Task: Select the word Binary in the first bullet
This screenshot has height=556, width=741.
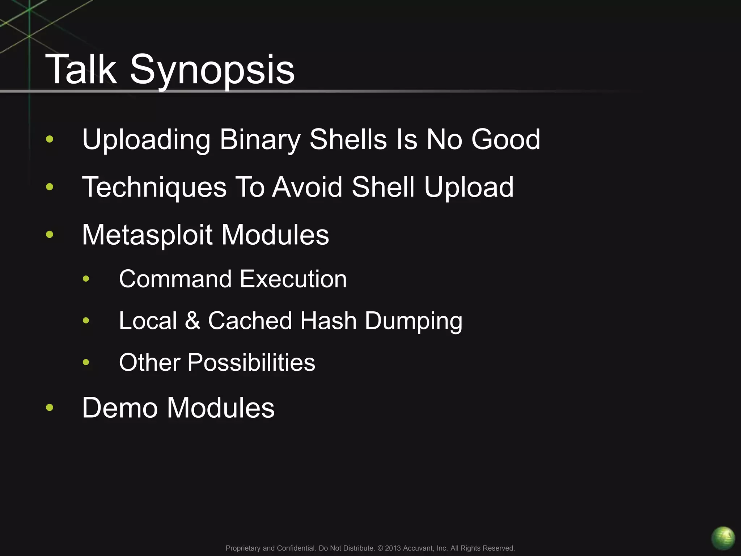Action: (260, 140)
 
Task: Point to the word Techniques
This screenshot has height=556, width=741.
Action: (154, 188)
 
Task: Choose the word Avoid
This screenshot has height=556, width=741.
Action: (307, 187)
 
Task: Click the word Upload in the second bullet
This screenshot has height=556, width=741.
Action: (469, 188)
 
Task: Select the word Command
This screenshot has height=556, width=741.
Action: (175, 279)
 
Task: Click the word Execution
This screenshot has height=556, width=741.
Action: (293, 279)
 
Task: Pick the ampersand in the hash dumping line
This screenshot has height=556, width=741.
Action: (192, 321)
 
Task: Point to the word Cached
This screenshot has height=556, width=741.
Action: (250, 321)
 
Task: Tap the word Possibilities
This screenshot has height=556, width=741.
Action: (251, 363)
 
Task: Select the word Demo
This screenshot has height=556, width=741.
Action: (120, 408)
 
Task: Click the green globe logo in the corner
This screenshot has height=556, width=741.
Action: (723, 538)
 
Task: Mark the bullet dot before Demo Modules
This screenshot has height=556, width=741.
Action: (50, 408)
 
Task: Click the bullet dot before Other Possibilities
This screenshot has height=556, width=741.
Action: (86, 362)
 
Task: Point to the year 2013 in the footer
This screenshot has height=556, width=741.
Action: (393, 548)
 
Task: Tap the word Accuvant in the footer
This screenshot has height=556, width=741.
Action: (418, 548)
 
